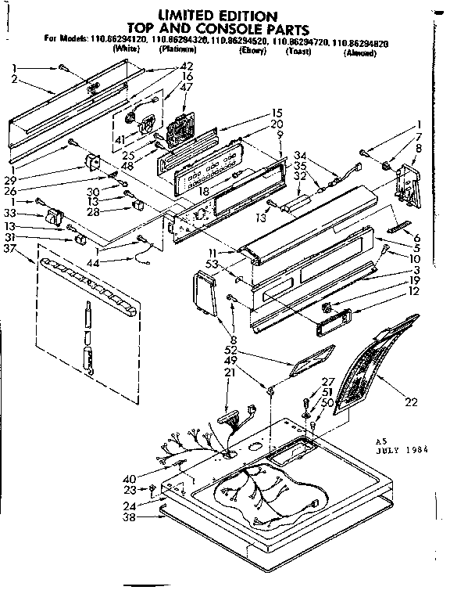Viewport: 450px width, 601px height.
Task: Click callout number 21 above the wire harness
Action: pos(229,373)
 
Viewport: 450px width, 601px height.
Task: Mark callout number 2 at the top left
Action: pos(15,80)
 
